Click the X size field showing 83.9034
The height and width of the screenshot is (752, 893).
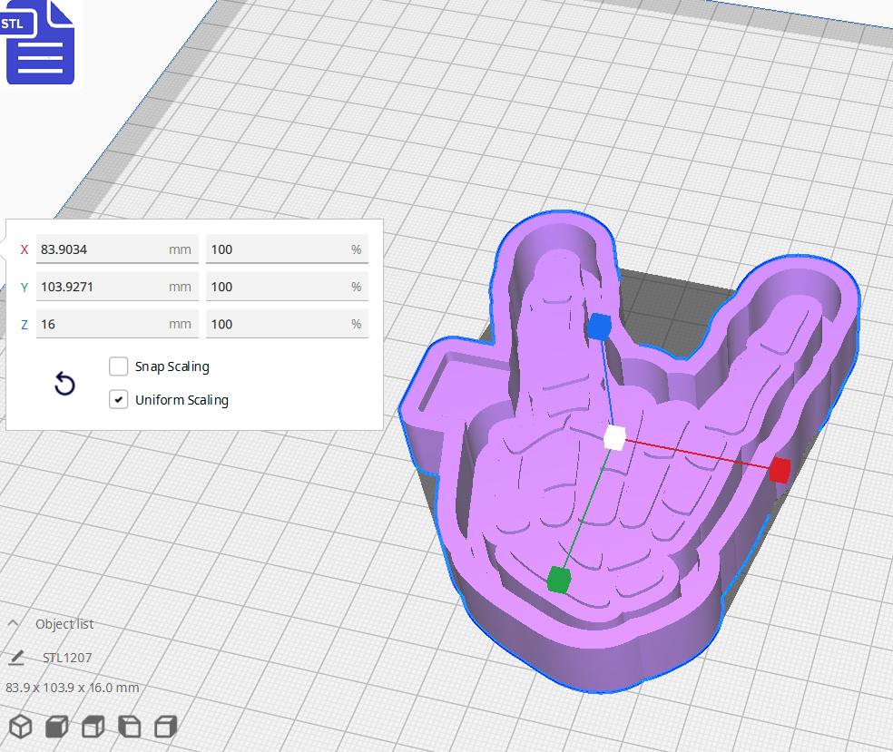coord(100,249)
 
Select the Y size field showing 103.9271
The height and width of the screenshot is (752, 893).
coord(100,287)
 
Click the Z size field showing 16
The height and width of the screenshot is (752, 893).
coord(100,324)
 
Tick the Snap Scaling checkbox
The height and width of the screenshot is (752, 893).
coord(118,366)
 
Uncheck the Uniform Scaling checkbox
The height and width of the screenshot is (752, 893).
coord(118,399)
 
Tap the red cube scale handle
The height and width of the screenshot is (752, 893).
coord(780,470)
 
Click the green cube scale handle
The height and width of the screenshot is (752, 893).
coord(558,579)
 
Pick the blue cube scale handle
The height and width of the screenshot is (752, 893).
coord(599,327)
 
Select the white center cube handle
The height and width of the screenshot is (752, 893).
coord(614,437)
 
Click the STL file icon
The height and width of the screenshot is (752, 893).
coord(40,43)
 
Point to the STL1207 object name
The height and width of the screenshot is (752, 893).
coord(67,658)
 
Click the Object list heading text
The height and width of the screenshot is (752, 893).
coord(64,624)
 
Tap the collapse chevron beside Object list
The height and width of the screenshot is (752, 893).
coord(14,623)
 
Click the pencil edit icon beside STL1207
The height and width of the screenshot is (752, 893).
coord(16,658)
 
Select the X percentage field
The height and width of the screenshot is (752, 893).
coord(277,249)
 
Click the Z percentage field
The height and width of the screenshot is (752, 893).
coord(277,324)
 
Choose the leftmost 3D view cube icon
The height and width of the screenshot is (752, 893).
coord(21,727)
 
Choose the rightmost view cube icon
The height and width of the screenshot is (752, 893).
coord(165,727)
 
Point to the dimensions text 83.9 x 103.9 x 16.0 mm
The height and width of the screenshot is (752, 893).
coord(73,688)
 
